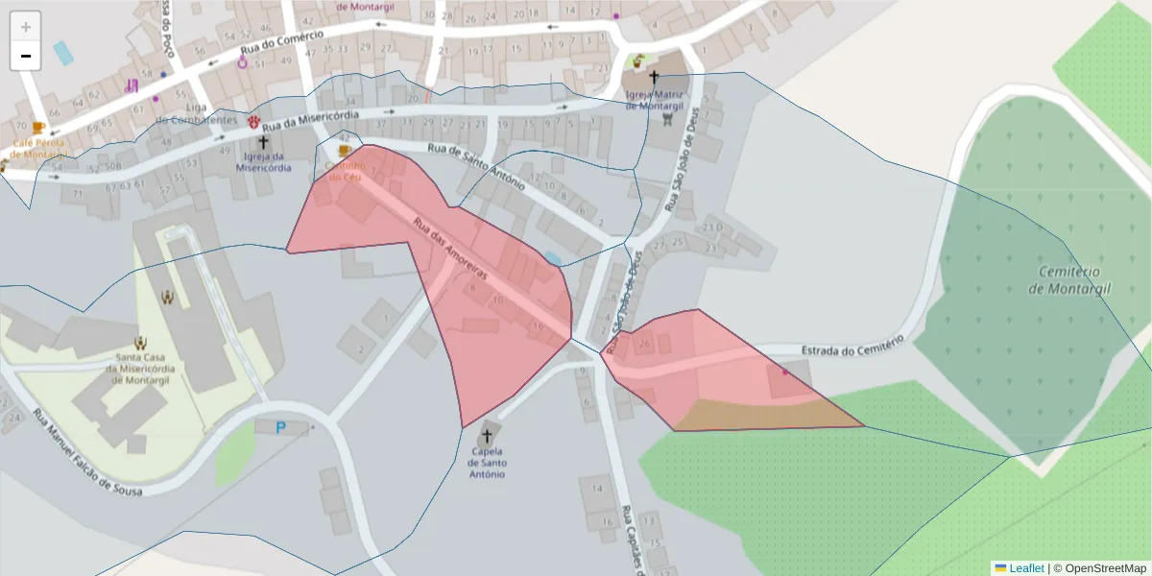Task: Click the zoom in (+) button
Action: tap(26, 27)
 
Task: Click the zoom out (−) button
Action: tap(26, 56)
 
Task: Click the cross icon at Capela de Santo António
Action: tap(487, 436)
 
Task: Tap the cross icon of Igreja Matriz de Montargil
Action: tap(655, 77)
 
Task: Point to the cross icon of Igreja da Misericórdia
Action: tap(263, 142)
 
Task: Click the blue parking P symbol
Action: tap(280, 427)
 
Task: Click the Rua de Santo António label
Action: tap(476, 164)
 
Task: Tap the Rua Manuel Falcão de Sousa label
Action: tap(87, 454)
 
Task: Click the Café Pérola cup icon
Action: tap(38, 127)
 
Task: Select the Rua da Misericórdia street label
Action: tap(310, 120)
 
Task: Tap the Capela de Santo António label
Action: tap(486, 463)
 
